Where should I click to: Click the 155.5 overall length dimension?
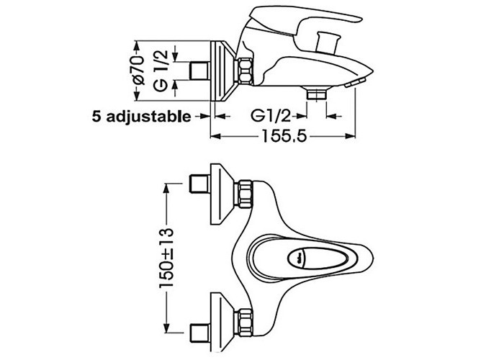tap(284, 136)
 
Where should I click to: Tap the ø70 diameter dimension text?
tap(139, 71)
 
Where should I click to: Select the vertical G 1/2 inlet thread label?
tap(161, 71)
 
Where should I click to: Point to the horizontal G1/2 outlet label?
tap(271, 115)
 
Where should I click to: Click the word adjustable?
tap(148, 117)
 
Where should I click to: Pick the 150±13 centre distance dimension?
tap(166, 258)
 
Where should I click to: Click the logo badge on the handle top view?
tap(297, 257)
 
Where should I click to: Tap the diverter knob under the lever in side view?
tap(327, 41)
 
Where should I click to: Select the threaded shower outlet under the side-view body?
tap(316, 94)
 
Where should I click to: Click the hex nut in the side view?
tap(246, 71)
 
